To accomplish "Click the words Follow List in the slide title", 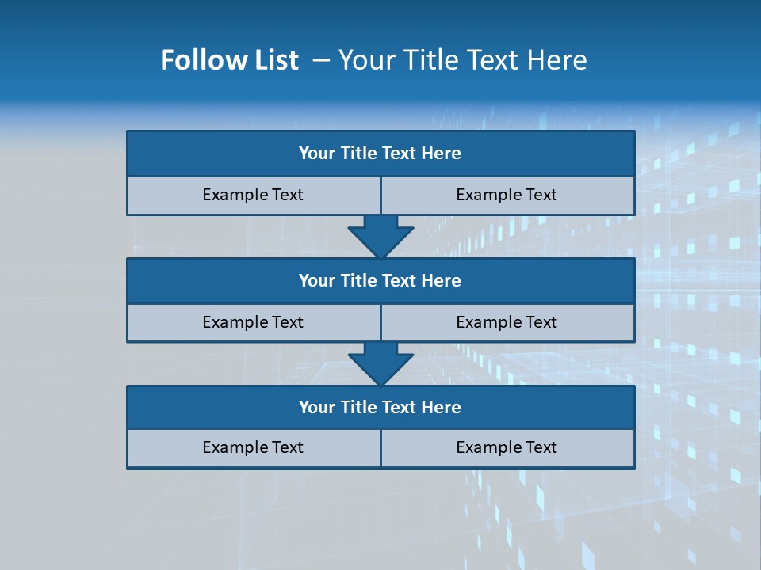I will pyautogui.click(x=229, y=60).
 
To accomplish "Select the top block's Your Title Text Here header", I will pyautogui.click(x=380, y=154).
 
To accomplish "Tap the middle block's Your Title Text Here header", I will pyautogui.click(x=380, y=280).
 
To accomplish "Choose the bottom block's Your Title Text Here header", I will pyautogui.click(x=380, y=407).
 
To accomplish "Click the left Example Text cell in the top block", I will pyautogui.click(x=253, y=195).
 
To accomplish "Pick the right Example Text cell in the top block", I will pyautogui.click(x=507, y=195).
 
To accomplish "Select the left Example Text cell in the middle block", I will pyautogui.click(x=253, y=322).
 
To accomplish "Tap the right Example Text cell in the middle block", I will pyautogui.click(x=507, y=322).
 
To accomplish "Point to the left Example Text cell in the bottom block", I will pyautogui.click(x=253, y=447).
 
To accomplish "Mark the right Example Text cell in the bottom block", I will pyautogui.click(x=507, y=447).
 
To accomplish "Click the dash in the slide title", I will pyautogui.click(x=321, y=60).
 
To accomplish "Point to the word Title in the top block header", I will pyautogui.click(x=358, y=154).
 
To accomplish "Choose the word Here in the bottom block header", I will pyautogui.click(x=441, y=407).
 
